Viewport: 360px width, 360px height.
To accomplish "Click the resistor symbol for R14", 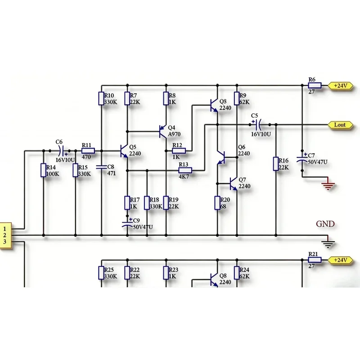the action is tap(43, 170).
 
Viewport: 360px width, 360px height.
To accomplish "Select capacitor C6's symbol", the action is tap(62, 151).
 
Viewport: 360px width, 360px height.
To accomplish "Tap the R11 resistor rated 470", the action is tap(88, 151).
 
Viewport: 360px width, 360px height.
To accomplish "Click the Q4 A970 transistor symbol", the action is tap(163, 131).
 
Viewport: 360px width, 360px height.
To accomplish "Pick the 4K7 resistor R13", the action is tap(185, 171).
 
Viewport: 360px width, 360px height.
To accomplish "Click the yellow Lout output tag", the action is tap(340, 125).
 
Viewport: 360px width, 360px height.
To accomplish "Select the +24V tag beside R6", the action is tap(340, 85).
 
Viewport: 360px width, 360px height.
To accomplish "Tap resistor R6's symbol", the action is tap(315, 85).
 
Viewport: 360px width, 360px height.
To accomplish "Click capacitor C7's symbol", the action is tap(302, 159).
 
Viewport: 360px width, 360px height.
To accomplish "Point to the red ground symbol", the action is tap(328, 185).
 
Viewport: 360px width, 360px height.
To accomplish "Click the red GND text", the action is tap(325, 224).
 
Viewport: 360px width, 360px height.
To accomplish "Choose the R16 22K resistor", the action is tap(276, 164).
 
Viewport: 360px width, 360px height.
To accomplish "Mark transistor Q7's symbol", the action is tap(233, 184).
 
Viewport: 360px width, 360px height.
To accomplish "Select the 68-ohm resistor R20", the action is tap(217, 203).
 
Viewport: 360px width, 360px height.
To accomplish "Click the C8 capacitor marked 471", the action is tap(101, 167).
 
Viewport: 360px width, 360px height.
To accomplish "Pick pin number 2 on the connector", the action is tap(4, 235).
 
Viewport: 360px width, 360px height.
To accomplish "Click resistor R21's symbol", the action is tap(315, 260).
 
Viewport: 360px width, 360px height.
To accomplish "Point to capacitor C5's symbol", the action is tap(257, 125).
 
